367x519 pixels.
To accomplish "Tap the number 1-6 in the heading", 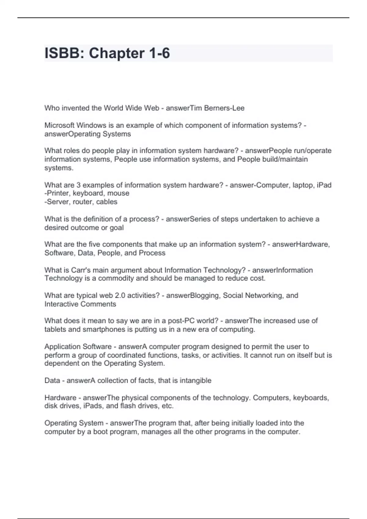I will (x=159, y=53).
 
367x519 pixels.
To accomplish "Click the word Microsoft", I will (x=59, y=125).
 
